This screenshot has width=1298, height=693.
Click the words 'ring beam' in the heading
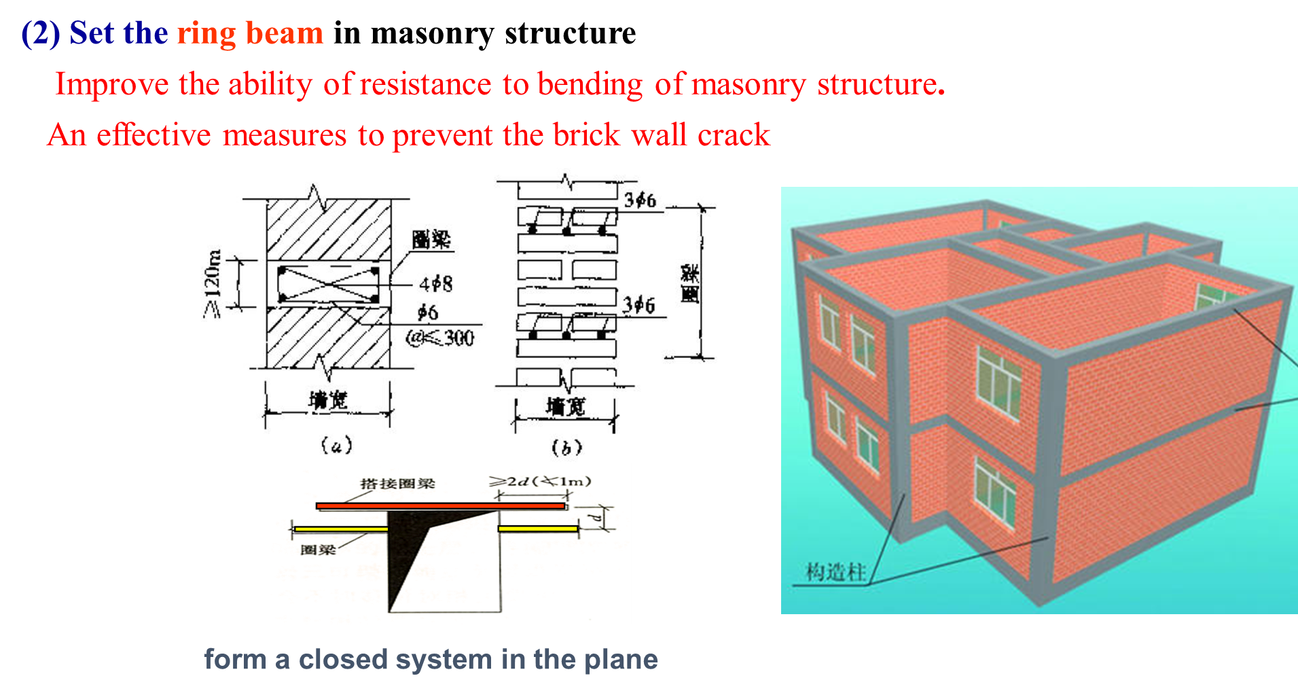250,33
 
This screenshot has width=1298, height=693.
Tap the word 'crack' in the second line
734,135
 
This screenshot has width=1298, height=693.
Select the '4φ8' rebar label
435,283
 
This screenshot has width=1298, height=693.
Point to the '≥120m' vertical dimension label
213,284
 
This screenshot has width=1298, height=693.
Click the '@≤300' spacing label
439,338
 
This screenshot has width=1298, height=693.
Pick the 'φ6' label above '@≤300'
427,313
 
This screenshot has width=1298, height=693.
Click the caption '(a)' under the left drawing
336,445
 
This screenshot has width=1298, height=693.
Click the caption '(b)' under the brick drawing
566,447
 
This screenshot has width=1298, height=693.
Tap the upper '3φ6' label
640,200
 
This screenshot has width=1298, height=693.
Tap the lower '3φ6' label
639,305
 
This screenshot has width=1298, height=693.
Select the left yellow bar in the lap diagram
340,529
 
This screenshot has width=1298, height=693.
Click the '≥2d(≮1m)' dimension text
540,482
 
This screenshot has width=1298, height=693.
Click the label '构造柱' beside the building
835,572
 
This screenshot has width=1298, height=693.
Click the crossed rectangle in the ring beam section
327,284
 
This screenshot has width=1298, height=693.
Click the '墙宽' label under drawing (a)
328,400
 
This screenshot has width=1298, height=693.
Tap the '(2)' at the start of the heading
41,33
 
